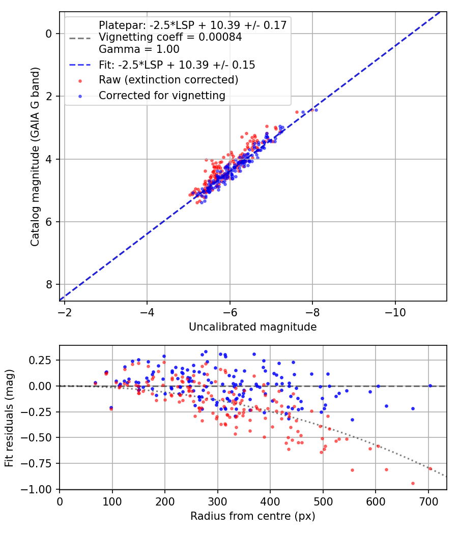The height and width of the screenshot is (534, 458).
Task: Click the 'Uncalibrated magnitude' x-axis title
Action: [252, 327]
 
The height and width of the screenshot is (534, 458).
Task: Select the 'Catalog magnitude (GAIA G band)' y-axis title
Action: [35, 157]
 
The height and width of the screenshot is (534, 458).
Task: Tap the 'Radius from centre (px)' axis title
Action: [252, 516]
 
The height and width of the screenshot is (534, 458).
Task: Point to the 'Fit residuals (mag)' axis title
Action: [9, 418]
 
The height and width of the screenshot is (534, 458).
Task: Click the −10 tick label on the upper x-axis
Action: [395, 312]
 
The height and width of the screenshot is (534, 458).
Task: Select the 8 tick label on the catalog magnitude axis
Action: [49, 284]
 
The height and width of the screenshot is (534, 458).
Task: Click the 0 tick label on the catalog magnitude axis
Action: [49, 34]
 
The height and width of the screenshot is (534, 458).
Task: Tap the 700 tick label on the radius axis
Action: [428, 501]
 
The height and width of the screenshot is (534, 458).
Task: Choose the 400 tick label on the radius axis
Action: [270, 501]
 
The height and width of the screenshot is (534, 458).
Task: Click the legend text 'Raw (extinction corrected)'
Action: [168, 80]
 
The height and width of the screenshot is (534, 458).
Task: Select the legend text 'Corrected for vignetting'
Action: [162, 96]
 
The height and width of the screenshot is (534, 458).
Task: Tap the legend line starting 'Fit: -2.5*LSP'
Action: [177, 65]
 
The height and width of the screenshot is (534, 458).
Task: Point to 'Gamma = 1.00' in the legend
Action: [139, 49]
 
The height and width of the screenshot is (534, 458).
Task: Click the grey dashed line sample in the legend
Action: [80, 38]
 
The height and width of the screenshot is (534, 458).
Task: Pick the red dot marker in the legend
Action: [80, 81]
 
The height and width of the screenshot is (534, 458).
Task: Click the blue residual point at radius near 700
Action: [430, 385]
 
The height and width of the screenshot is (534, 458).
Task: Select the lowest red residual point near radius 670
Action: [413, 483]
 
